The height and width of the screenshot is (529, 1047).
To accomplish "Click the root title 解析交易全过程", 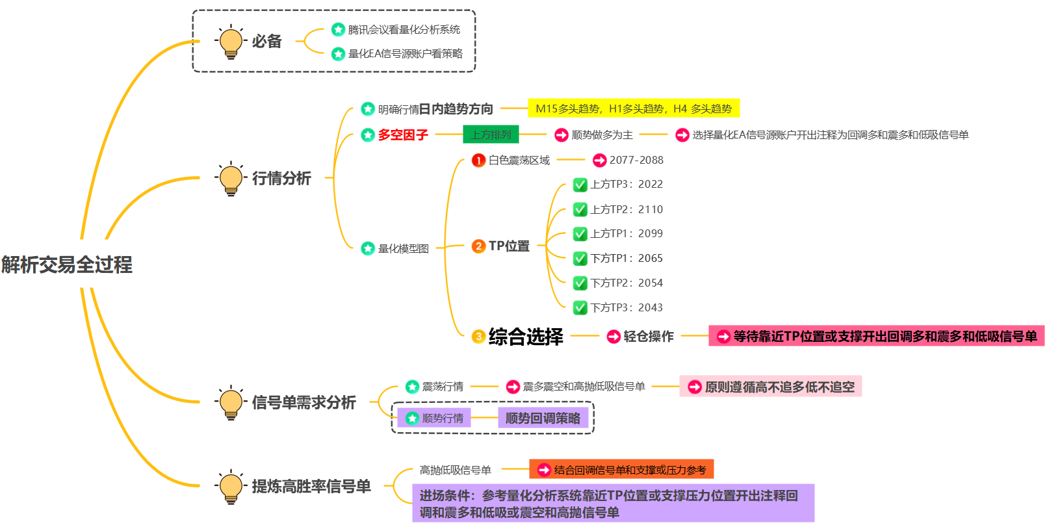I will pos(67,264).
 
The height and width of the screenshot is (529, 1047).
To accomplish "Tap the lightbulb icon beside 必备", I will pos(231,42).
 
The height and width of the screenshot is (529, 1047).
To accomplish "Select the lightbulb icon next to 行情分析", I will pos(231,179).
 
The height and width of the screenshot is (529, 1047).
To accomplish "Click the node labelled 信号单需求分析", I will pos(304,403).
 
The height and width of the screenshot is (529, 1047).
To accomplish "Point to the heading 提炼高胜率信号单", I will pos(311,486).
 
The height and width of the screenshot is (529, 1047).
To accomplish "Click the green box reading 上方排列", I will pos(491,135).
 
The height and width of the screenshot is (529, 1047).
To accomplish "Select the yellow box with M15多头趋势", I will pos(634,109).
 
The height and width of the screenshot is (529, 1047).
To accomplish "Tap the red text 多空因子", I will pos(403,135).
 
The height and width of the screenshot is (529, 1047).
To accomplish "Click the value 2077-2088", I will pos(636,160).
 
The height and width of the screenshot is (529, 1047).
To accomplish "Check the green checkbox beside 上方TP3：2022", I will pos(580,185).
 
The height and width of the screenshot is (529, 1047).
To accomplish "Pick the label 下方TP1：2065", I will pos(627,259).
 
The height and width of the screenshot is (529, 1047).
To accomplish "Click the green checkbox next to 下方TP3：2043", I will pos(580,308).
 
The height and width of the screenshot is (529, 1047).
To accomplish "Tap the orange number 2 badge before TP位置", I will pos(478,246).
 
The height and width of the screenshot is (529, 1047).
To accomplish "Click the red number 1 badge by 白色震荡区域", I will pos(478,160).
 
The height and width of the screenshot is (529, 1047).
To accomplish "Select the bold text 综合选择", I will pos(526,337).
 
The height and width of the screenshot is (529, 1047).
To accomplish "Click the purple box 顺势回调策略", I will pos(543,418).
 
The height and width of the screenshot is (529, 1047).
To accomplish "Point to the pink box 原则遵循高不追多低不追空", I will pos(771,387).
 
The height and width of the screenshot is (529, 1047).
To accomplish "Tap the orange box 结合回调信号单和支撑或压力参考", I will pos(622,469).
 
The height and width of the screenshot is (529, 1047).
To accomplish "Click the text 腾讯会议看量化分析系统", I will pos(404,29).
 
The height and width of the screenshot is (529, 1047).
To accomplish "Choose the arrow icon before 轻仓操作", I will pos(614,337).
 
